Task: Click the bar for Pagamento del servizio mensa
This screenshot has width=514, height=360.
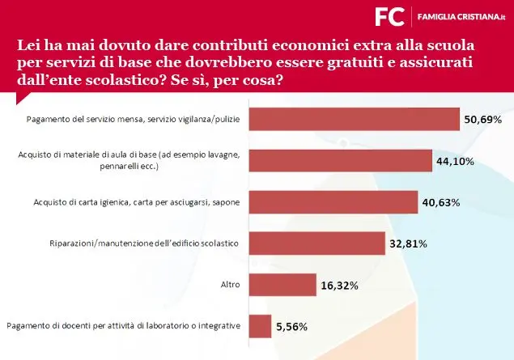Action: [x=354, y=119]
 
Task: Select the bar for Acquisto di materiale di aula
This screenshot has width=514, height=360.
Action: [x=340, y=160]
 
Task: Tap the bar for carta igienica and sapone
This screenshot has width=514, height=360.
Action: [x=333, y=201]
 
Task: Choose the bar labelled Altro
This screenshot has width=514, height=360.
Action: [x=282, y=285]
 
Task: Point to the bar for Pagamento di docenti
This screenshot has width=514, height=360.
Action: [x=260, y=326]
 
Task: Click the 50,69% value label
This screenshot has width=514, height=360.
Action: [x=483, y=119]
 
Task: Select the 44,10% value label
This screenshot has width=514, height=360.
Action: [x=456, y=161]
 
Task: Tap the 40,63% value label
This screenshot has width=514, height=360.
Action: [x=441, y=202]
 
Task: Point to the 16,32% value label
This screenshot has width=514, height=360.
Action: [x=340, y=286]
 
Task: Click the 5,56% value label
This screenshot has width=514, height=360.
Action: [x=292, y=327]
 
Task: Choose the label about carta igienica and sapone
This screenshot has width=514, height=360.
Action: [x=138, y=201]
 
